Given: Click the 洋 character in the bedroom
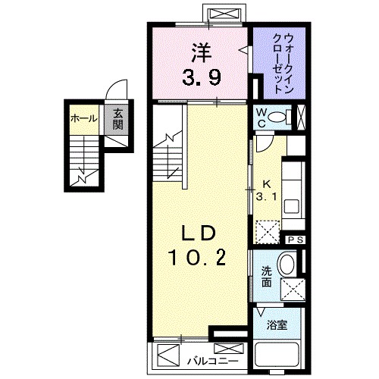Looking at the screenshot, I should [199, 52].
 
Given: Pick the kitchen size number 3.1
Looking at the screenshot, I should [266, 189].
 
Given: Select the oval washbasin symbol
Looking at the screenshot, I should [287, 265].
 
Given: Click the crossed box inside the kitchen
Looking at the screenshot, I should [268, 230].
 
